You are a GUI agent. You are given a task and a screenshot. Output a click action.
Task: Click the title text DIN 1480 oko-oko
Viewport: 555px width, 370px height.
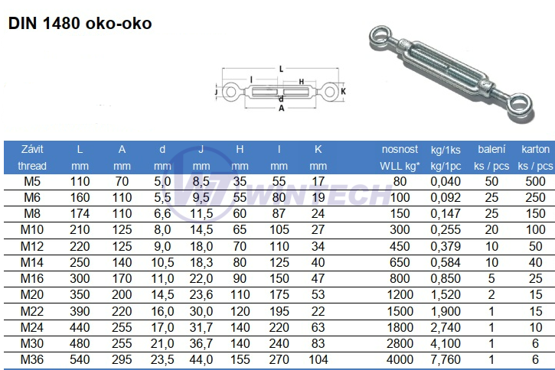[80, 23]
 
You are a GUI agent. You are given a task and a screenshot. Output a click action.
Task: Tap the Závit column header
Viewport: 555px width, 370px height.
[33, 150]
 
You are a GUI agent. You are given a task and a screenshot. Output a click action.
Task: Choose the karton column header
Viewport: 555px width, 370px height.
[535, 150]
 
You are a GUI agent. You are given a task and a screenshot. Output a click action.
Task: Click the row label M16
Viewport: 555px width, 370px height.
[33, 278]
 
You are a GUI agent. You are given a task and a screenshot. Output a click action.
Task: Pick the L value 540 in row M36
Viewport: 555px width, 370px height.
[80, 359]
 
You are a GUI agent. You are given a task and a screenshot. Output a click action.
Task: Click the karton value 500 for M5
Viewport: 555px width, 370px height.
[535, 181]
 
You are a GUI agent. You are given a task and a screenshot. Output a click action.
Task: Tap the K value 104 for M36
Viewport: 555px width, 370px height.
[318, 359]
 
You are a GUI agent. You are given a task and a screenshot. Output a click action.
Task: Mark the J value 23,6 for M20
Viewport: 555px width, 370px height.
[201, 294]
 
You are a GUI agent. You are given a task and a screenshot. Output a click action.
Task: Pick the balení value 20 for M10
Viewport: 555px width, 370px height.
[490, 229]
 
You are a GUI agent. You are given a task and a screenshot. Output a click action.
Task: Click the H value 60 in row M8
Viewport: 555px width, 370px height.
[240, 213]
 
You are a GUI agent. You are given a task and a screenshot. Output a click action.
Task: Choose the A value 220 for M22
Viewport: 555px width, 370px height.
[122, 310]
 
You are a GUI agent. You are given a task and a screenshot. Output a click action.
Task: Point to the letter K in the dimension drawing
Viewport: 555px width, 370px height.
[343, 92]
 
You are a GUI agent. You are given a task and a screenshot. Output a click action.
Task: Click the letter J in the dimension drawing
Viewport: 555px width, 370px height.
[217, 92]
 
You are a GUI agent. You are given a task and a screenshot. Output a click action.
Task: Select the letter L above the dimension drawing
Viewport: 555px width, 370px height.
[282, 69]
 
